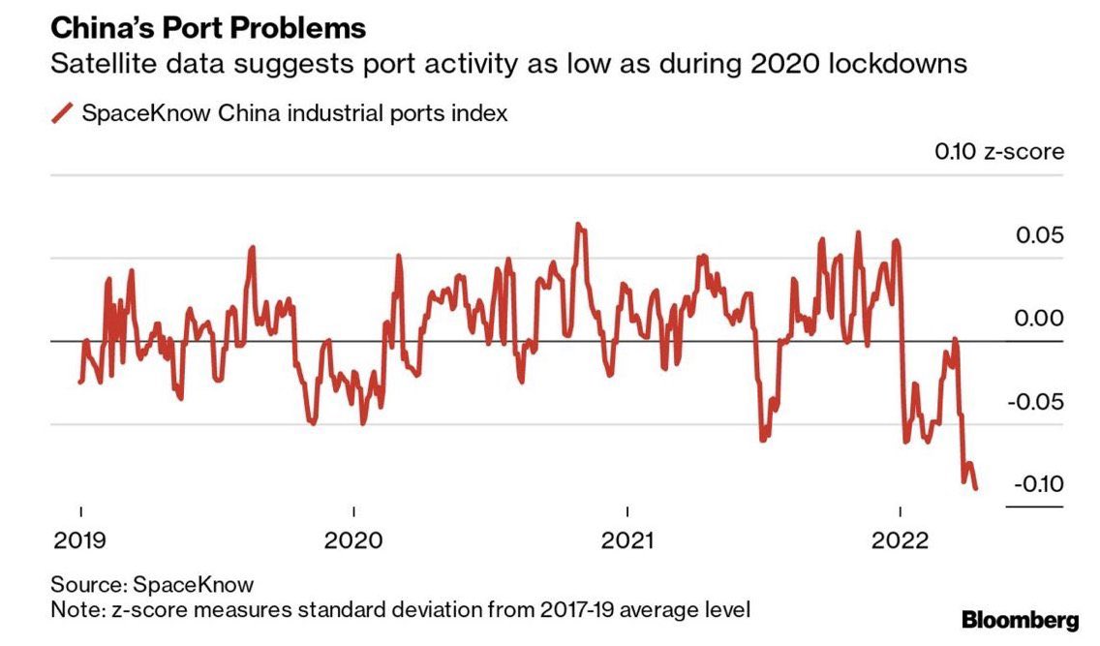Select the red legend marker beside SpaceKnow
coord(62,113)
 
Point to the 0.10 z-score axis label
coord(998,152)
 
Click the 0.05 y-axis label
coord(1039,236)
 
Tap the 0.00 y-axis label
coord(1039,319)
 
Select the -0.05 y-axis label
coord(1035,402)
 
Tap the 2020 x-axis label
coord(354,540)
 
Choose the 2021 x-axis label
coord(627,540)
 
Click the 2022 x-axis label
coord(901,540)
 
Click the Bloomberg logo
coord(1020,619)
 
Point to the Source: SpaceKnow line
coord(153,585)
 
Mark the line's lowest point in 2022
coord(975,489)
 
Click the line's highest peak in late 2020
coord(578,225)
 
